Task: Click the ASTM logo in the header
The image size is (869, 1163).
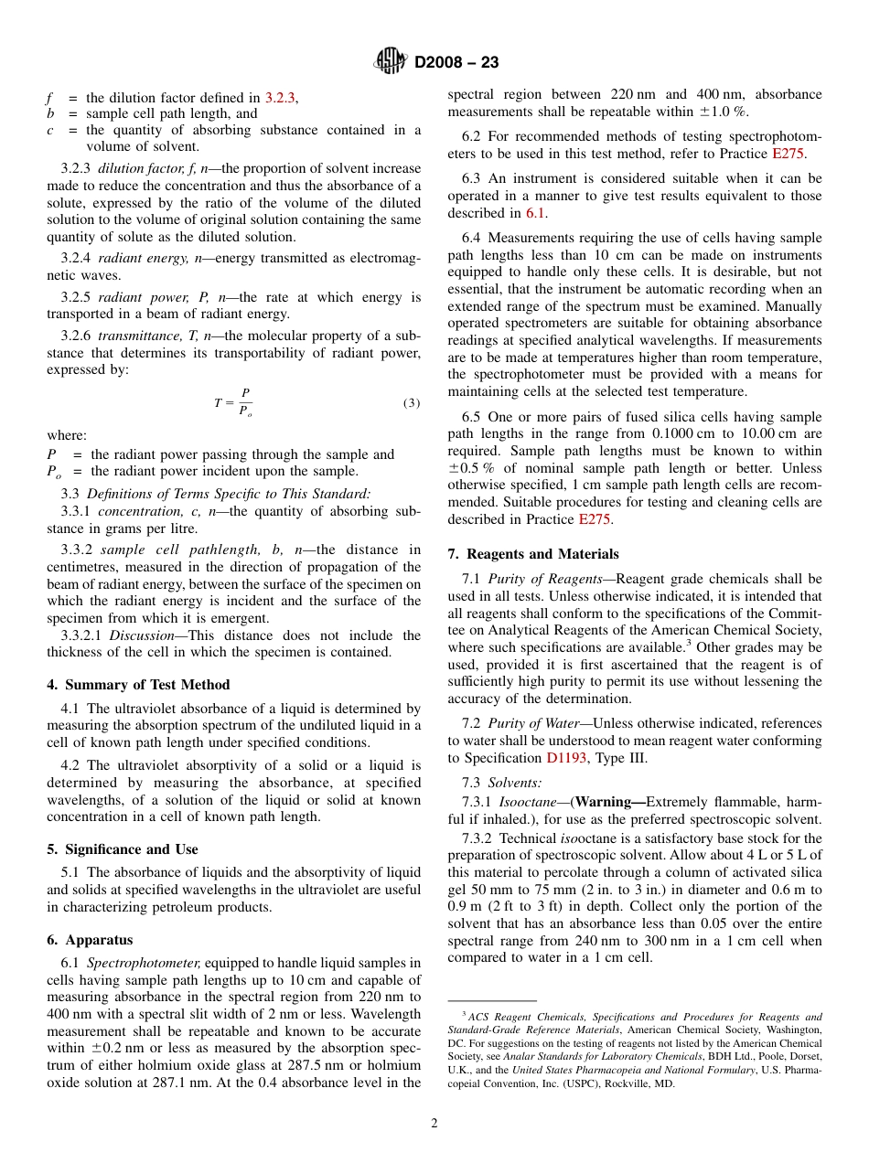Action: pos(391,62)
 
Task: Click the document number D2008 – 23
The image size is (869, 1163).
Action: pos(456,63)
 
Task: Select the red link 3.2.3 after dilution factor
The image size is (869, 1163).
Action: pos(280,97)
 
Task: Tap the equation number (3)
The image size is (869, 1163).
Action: pos(411,403)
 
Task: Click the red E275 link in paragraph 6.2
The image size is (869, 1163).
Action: pos(789,155)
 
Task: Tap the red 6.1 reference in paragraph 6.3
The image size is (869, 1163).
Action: pos(535,213)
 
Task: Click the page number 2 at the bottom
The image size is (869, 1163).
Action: pos(434,1124)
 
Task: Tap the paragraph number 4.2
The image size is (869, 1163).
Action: pos(71,765)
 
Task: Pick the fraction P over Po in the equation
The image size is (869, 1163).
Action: pos(245,402)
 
